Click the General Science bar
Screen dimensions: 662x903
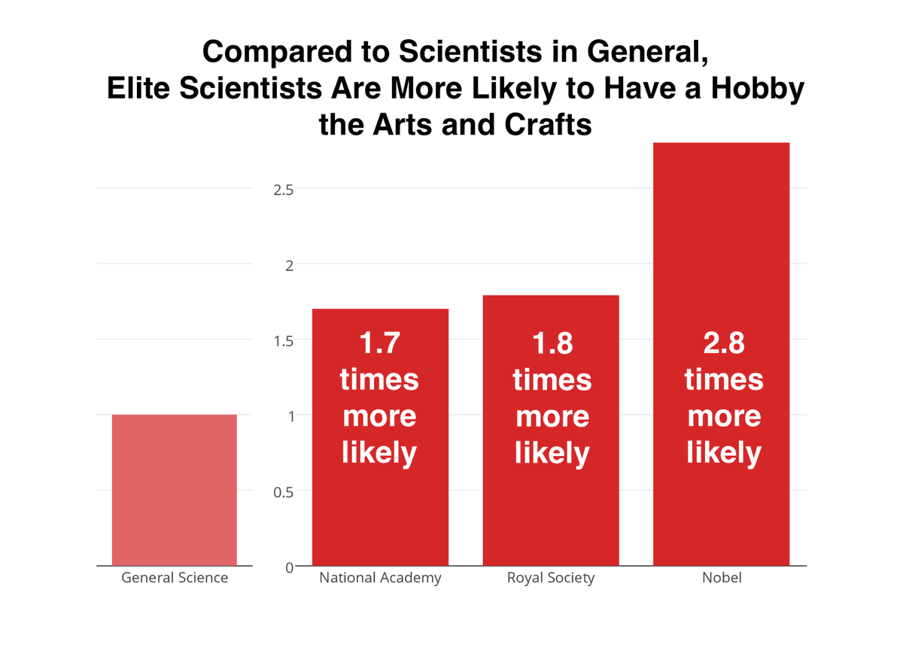click(x=174, y=490)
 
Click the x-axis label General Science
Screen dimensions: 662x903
click(x=175, y=578)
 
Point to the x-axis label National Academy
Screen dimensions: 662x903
click(x=380, y=578)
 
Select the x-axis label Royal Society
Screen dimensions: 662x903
click(x=551, y=578)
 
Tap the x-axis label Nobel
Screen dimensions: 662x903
click(x=721, y=578)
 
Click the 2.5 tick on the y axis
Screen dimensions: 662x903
click(x=283, y=190)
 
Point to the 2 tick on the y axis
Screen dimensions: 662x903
click(x=288, y=265)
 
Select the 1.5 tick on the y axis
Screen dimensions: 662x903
click(x=283, y=340)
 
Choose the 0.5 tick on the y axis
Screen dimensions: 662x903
click(x=283, y=491)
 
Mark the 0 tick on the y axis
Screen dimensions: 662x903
click(x=288, y=567)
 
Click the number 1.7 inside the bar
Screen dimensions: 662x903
click(x=379, y=343)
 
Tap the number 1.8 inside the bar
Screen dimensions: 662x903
click(x=552, y=343)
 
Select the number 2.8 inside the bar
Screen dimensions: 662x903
click(x=723, y=343)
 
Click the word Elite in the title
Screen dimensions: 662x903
click(x=139, y=90)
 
